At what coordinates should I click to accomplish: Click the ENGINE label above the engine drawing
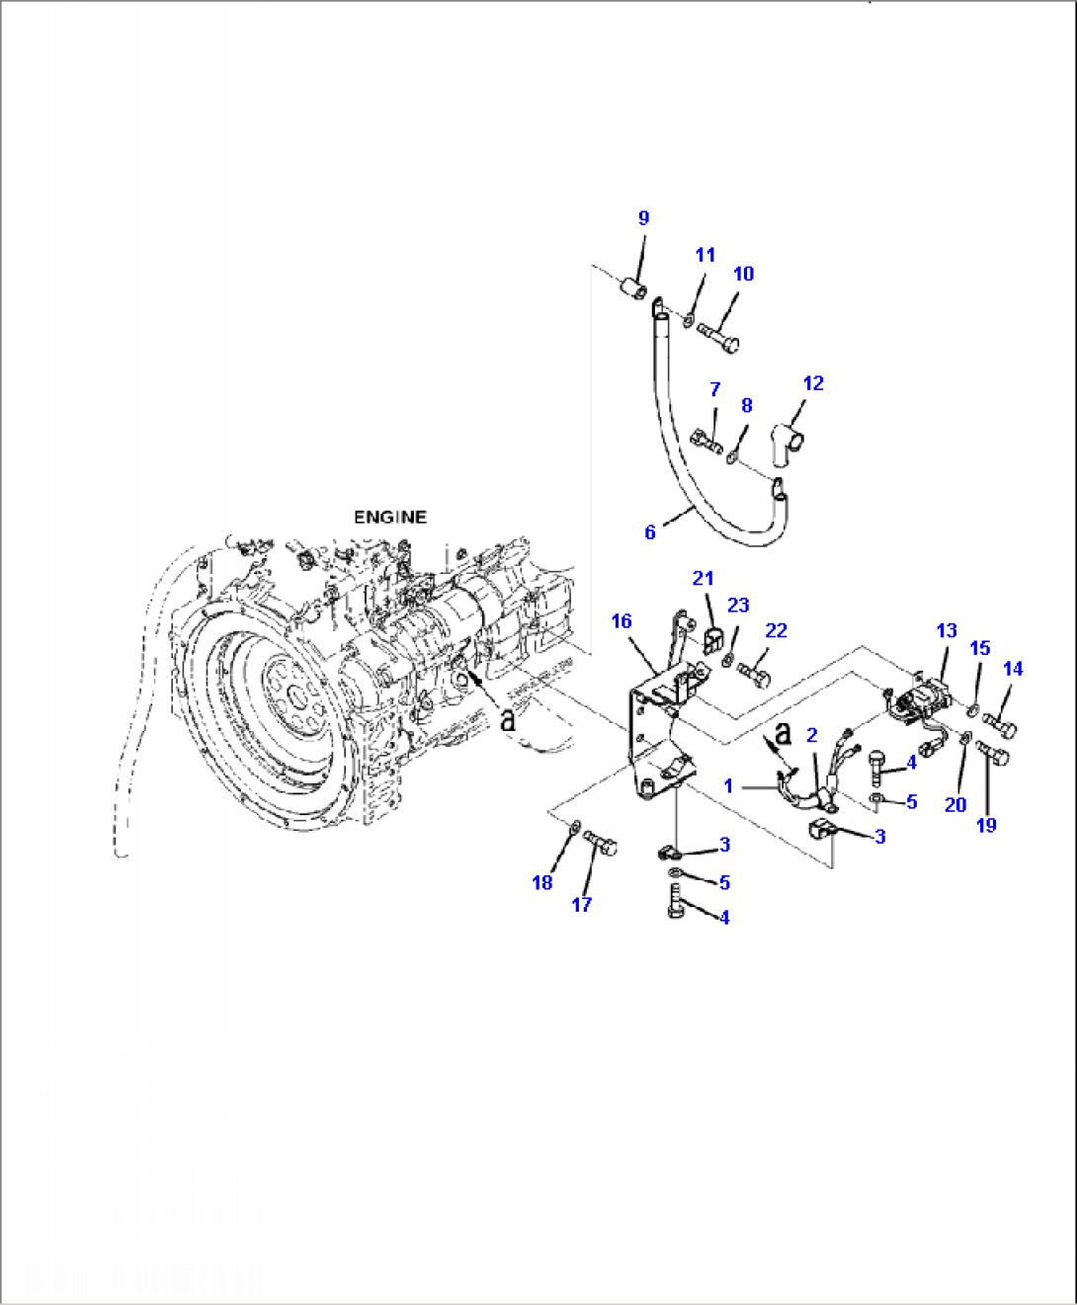[390, 517]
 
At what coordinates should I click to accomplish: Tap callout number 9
[643, 217]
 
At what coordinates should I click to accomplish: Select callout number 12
[813, 383]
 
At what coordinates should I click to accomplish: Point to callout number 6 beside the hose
[649, 532]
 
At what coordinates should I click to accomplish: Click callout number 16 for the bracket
[621, 621]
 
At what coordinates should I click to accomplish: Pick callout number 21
[703, 578]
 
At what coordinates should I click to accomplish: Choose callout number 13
[947, 630]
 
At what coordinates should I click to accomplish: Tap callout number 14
[1013, 669]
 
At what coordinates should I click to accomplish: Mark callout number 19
[986, 825]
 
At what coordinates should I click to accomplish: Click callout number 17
[582, 903]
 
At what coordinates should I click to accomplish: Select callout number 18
[542, 882]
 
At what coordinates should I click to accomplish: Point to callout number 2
[812, 734]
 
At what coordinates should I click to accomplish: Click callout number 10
[743, 274]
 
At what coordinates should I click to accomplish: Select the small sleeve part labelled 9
[632, 289]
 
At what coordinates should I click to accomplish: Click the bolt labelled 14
[999, 729]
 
